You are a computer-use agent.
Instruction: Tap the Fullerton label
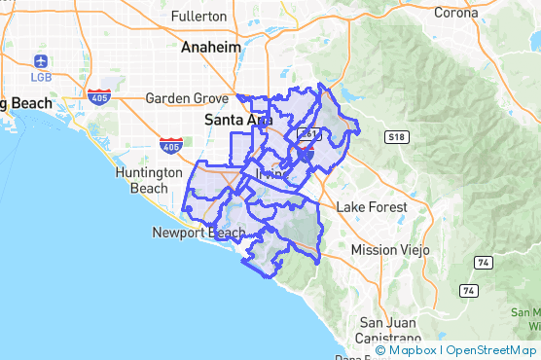pos(198,17)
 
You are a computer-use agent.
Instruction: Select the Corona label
pos(455,13)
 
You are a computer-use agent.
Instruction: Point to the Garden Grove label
pos(185,97)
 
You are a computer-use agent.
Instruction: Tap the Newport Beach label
pos(198,233)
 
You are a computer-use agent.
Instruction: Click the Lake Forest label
pos(369,207)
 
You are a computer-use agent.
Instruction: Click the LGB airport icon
pos(42,61)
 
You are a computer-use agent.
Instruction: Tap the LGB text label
pos(42,77)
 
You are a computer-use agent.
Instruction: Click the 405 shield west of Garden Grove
pos(98,96)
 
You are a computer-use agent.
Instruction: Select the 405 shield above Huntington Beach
pos(170,146)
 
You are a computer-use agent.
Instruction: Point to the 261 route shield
pos(309,133)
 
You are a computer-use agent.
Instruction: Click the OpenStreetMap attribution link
pos(491,350)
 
